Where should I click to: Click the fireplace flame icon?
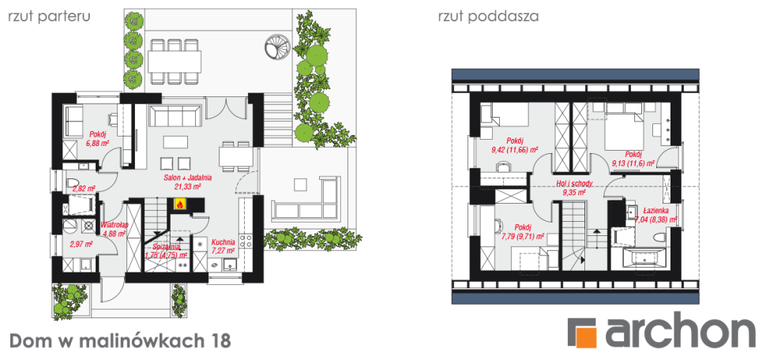pos(180,204)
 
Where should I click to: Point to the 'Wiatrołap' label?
pos(115,224)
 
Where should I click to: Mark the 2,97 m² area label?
pos(81,245)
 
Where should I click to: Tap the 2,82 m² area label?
pos(83,189)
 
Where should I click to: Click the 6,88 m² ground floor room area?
pos(98,144)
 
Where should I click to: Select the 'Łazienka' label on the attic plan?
pos(655,211)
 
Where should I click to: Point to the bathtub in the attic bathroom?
pos(640,259)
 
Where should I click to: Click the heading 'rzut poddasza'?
pos(488,16)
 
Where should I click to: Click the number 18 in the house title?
pos(222,341)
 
